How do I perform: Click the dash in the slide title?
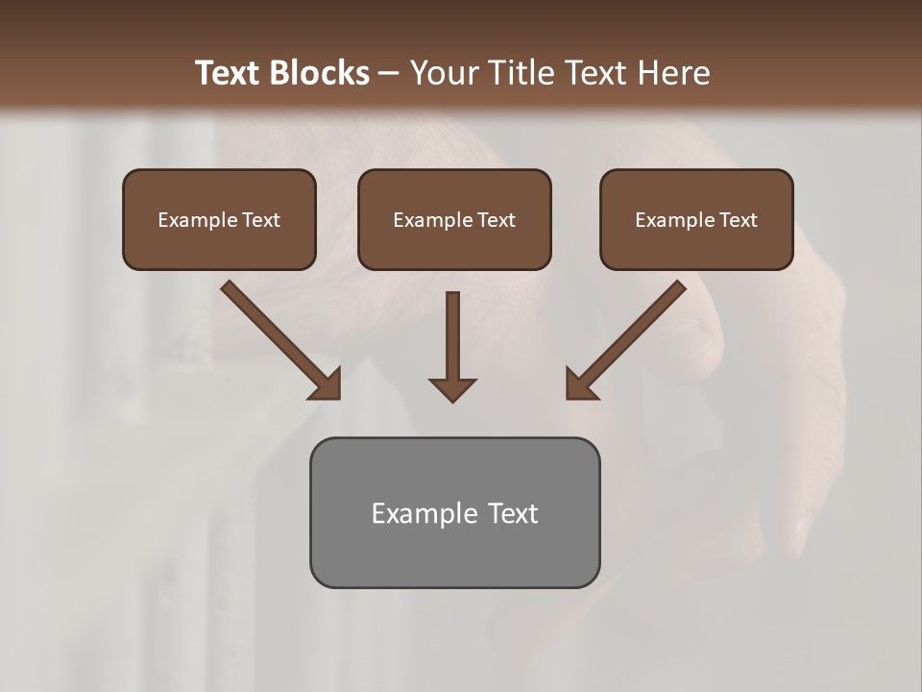(x=389, y=74)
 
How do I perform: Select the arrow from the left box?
(x=278, y=337)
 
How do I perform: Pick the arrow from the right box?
(x=629, y=337)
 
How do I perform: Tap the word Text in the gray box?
(x=512, y=513)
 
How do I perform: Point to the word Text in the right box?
(x=738, y=220)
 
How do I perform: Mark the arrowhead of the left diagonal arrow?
(x=327, y=384)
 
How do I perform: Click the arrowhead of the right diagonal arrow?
(x=580, y=384)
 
